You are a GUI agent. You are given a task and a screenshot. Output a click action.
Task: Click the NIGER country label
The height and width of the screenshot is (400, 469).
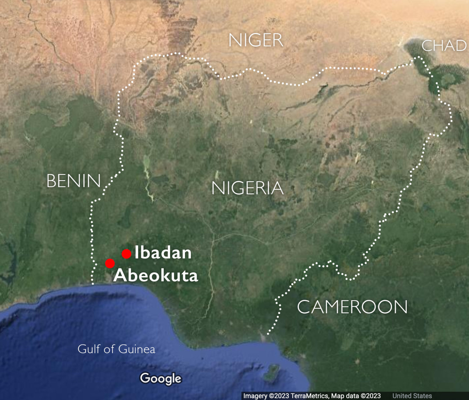[256, 40]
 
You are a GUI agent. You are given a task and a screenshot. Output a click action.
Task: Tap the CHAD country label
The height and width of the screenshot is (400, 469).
[444, 46]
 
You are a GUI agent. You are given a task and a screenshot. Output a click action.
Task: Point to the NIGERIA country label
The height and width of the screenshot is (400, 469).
[247, 188]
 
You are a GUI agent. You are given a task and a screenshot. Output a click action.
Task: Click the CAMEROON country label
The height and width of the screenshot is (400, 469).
[352, 307]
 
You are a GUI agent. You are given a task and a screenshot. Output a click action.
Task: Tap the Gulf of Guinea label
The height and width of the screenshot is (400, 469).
[116, 349]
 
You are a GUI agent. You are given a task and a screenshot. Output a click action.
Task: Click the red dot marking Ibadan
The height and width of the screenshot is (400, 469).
[126, 254]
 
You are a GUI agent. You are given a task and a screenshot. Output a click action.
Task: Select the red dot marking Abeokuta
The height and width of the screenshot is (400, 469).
[110, 263]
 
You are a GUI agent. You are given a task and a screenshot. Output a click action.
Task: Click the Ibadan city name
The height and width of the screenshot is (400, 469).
[163, 253]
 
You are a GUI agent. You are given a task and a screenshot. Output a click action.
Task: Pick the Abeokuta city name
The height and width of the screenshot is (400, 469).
[156, 275]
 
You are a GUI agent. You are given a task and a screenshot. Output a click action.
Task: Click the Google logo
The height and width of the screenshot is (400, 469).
[161, 379]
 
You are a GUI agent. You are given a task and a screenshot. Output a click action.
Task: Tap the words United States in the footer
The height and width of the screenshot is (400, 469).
[412, 396]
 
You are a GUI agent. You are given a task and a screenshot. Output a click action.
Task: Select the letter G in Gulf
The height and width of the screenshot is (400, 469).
[82, 349]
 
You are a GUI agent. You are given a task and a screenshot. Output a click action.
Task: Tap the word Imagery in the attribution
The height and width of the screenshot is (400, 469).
[255, 396]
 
